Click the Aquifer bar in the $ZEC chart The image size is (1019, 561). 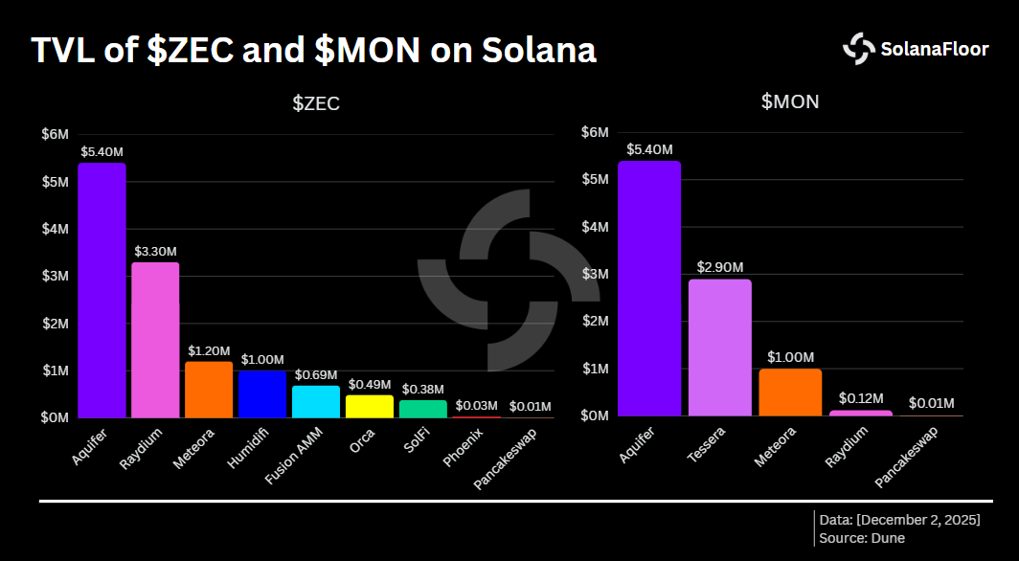[x=102, y=290]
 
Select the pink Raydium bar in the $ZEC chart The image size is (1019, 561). [x=155, y=340]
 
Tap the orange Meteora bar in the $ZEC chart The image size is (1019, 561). [x=209, y=390]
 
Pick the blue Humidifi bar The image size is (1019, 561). [x=262, y=394]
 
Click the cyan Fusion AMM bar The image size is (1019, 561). [x=316, y=402]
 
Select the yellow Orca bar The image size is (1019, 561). [x=370, y=407]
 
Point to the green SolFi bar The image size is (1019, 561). [x=423, y=409]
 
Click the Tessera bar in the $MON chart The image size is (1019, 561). [x=719, y=348]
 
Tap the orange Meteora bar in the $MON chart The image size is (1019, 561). [x=790, y=393]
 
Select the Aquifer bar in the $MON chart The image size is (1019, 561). [x=649, y=288]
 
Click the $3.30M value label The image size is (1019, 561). [x=155, y=251]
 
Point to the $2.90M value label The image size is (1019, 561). [x=719, y=266]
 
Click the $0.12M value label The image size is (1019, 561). [x=861, y=397]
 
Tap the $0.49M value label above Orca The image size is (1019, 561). [x=370, y=384]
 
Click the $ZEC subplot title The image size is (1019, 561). [x=316, y=104]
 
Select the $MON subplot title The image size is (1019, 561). [x=790, y=101]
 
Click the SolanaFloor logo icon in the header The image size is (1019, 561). [x=859, y=49]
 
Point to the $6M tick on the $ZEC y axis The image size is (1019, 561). [x=56, y=135]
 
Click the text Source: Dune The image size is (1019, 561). [x=862, y=538]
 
